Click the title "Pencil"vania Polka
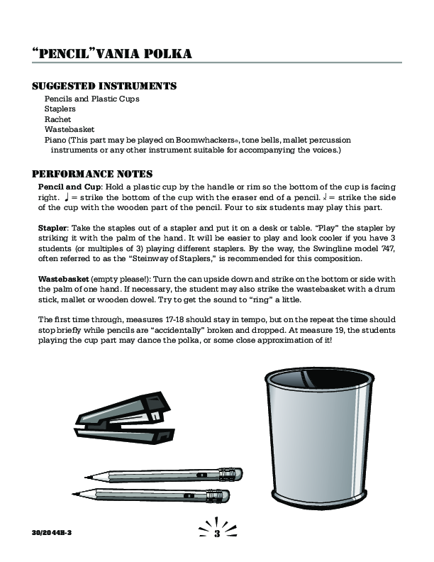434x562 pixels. (111, 55)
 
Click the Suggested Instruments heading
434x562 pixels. (104, 87)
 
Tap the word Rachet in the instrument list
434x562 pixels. (57, 120)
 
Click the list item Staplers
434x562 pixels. (60, 109)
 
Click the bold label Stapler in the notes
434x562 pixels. (53, 230)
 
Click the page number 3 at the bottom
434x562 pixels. (217, 533)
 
